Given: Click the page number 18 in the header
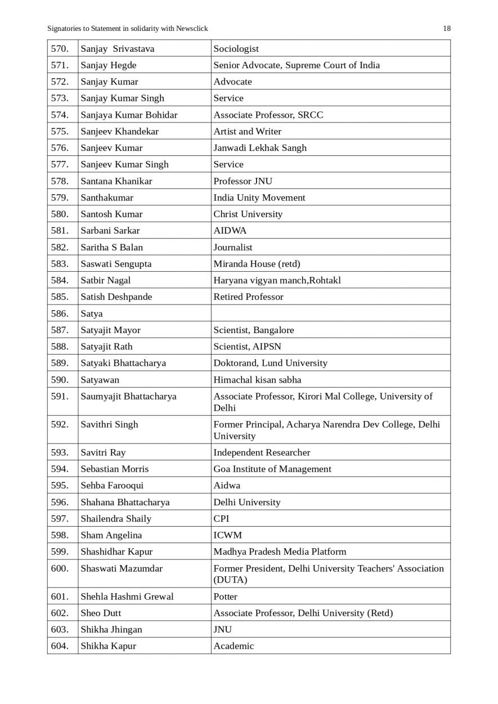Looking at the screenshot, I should point(447,29).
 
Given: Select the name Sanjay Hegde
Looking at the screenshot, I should point(109,65).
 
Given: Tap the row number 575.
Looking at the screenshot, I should point(60,131).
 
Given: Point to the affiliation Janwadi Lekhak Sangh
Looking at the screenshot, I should point(260,148).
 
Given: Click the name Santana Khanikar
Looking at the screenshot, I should point(116,181).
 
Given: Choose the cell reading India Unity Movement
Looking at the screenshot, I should point(259,198).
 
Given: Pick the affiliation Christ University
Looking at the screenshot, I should point(248,214).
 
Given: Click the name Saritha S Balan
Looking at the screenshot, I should point(112,247).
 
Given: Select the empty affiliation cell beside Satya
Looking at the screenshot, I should point(330,313).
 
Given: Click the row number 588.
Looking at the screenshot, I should point(60,347).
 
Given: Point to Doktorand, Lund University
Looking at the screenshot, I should point(270,363).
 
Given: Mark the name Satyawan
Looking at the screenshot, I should point(100,380).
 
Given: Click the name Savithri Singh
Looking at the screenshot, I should point(109,424).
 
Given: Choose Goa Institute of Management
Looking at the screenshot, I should point(272,469).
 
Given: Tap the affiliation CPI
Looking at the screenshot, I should point(221,519).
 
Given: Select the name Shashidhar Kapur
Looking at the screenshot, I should point(116,551).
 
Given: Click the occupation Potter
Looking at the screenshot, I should point(225,597).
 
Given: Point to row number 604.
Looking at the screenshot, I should point(60,646).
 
